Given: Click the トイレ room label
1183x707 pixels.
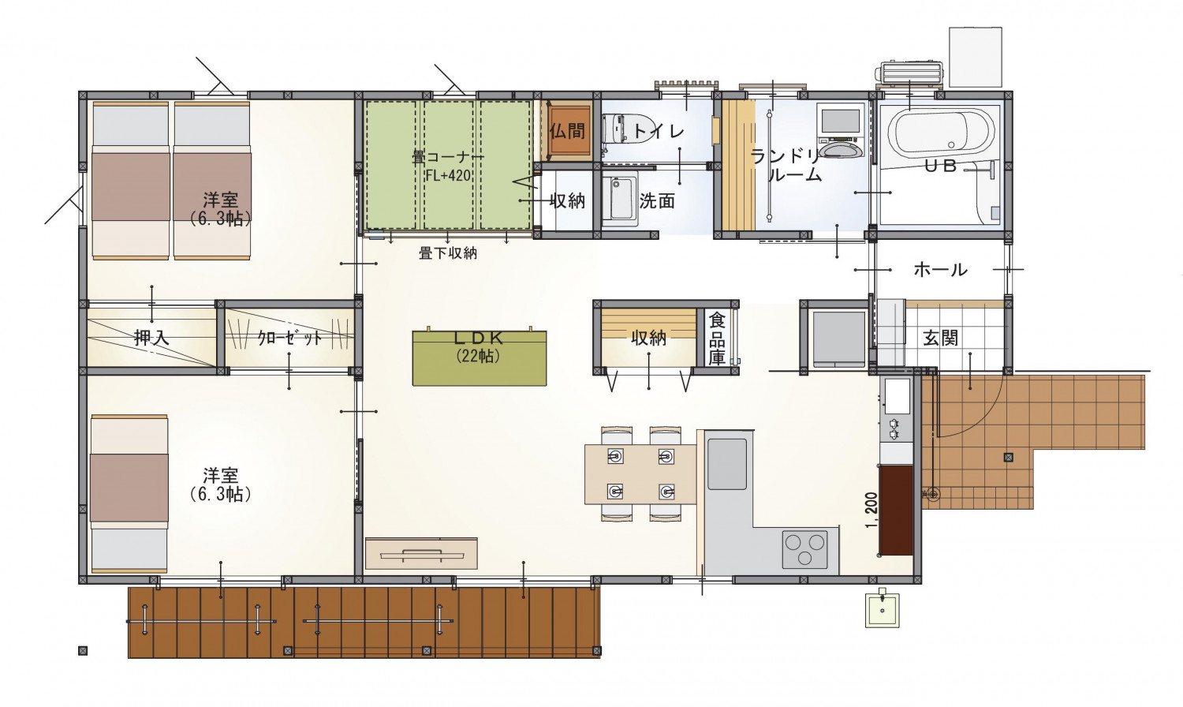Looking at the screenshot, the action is tap(658, 130).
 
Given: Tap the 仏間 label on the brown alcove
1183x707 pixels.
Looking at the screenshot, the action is tap(568, 130).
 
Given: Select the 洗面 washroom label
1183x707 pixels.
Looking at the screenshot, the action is tap(657, 200).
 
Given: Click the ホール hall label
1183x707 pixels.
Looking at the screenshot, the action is tap(941, 270).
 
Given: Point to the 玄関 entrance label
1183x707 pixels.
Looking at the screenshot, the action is tap(941, 339).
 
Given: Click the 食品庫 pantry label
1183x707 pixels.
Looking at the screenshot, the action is tap(717, 339).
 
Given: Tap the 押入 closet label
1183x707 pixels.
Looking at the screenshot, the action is tap(151, 338).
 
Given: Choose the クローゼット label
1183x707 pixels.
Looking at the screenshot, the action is tap(290, 339).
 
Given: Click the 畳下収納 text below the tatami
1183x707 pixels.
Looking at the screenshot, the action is tap(448, 253).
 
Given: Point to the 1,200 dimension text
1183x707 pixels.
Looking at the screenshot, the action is tap(872, 510).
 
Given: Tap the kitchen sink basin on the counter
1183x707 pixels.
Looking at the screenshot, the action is tap(727, 464).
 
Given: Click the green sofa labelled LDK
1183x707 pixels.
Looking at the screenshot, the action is tap(480, 357).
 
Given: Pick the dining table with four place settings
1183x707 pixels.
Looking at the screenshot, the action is tap(640, 474).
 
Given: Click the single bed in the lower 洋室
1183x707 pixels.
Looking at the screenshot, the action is tap(129, 495).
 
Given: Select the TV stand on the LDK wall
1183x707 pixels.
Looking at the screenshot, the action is tap(421, 553).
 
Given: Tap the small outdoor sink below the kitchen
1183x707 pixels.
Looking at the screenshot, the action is tap(882, 610).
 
